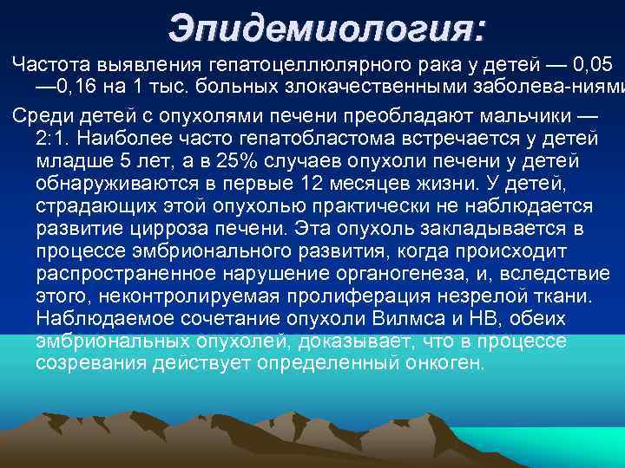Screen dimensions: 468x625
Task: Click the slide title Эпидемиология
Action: pyautogui.click(x=327, y=28)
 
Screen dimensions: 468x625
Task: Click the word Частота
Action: pyautogui.click(x=49, y=64)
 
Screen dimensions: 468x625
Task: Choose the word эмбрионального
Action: pyautogui.click(x=214, y=251)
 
